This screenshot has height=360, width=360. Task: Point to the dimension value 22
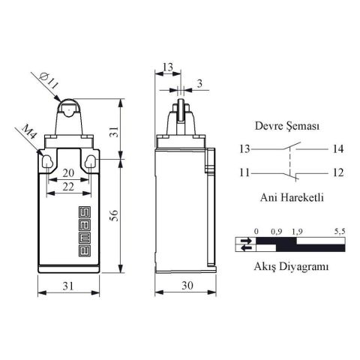pyautogui.click(x=67, y=186)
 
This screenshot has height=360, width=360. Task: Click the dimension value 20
pyautogui.click(x=67, y=172)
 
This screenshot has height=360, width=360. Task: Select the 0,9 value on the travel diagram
pyautogui.click(x=276, y=232)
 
